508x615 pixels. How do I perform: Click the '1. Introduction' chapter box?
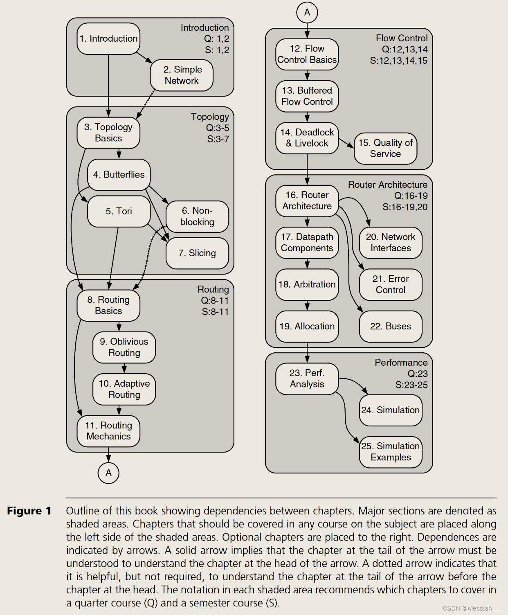tap(108, 39)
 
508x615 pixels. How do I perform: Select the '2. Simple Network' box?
tap(182, 75)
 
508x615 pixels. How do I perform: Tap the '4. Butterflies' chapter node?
tap(119, 175)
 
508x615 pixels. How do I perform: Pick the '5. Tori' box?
tap(119, 211)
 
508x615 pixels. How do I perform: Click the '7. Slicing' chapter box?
tap(197, 253)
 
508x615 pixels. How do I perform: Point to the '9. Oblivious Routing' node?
tap(124, 347)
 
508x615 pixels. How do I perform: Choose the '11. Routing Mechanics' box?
tap(108, 431)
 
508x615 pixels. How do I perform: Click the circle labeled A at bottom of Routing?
tap(108, 473)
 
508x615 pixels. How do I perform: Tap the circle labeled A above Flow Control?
tap(307, 12)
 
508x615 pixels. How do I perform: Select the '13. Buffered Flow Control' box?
tap(307, 96)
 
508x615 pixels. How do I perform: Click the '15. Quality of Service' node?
tap(385, 149)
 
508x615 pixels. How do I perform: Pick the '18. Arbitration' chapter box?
tap(307, 284)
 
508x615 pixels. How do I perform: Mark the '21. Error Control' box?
tap(390, 284)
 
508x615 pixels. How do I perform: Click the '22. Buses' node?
tap(390, 327)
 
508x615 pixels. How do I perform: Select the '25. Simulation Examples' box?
tap(390, 452)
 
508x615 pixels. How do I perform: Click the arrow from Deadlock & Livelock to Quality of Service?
tap(346, 143)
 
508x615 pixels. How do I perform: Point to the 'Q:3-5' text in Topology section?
tap(217, 128)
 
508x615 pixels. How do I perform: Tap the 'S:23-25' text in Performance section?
tap(411, 385)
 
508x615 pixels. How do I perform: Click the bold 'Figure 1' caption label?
tap(29, 511)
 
